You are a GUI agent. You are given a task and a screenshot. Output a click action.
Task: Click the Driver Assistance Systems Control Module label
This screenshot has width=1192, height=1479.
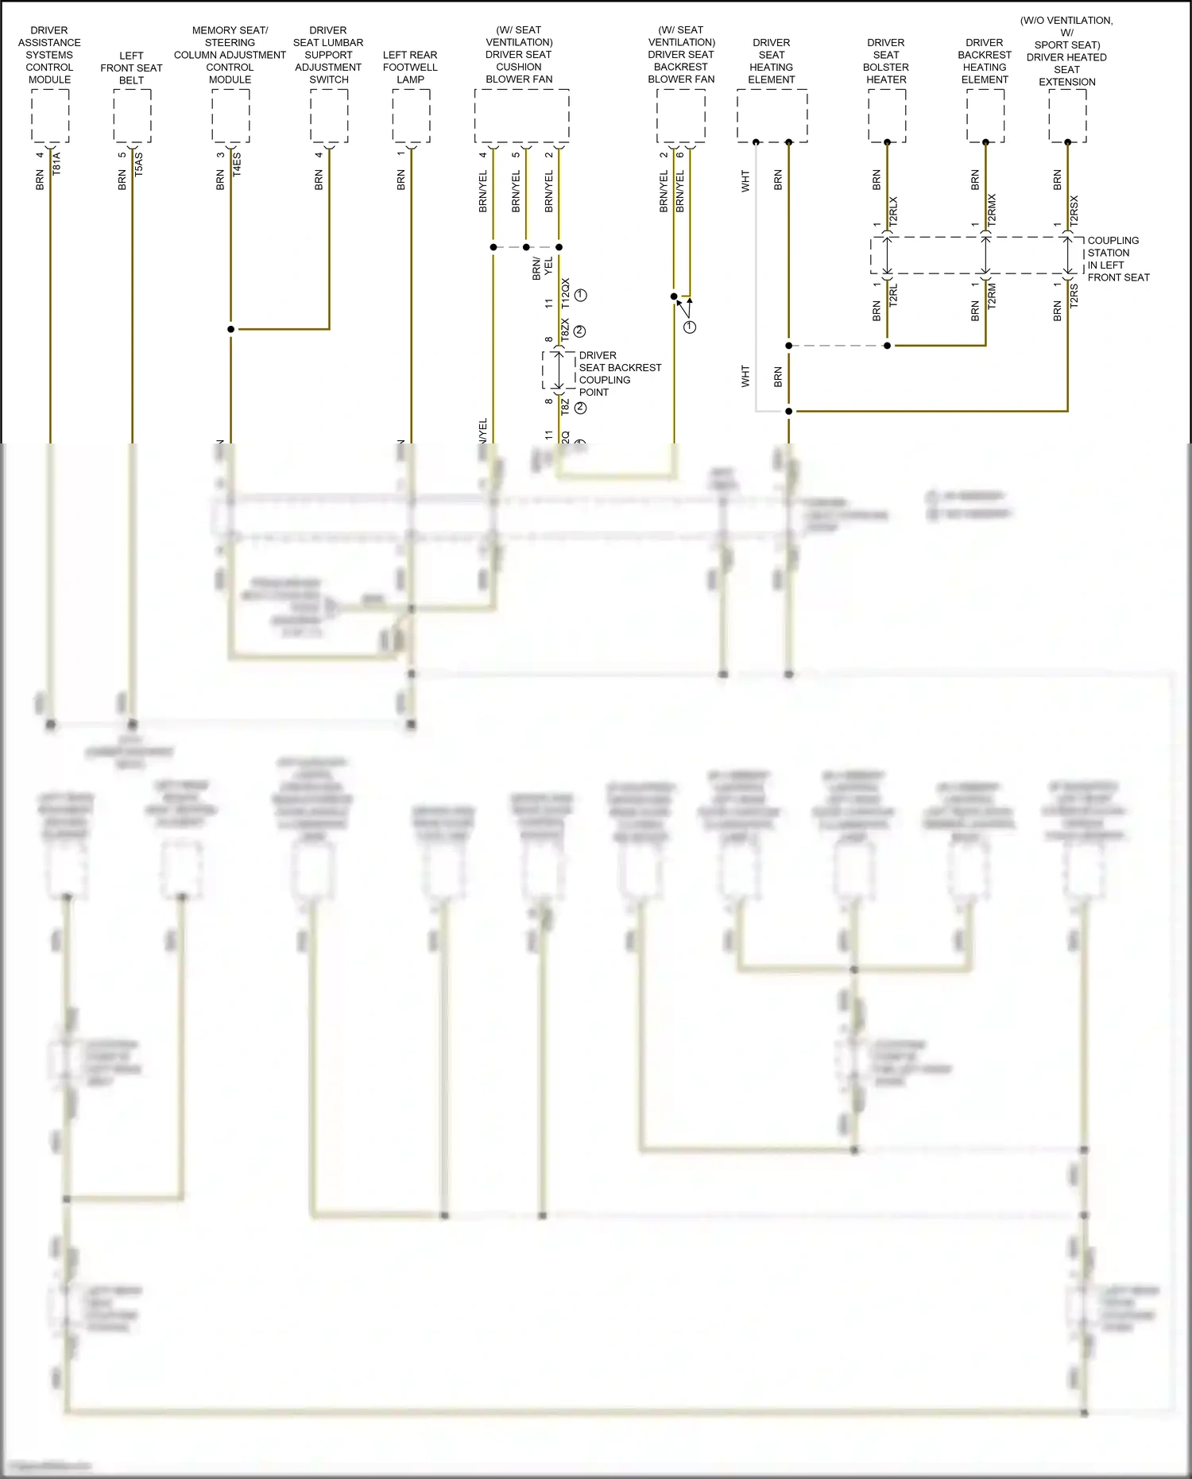49,55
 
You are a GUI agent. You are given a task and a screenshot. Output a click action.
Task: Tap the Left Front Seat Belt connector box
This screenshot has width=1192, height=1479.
132,115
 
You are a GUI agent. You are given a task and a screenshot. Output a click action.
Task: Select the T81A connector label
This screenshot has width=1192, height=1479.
56,165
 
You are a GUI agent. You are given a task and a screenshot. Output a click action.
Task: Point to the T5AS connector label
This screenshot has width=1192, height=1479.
139,165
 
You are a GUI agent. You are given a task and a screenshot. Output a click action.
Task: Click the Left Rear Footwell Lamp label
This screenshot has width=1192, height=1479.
410,67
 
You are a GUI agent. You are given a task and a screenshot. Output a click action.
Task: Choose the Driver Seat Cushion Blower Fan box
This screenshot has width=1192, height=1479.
521,115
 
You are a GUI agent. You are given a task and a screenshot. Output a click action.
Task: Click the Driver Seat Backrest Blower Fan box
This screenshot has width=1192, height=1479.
681,115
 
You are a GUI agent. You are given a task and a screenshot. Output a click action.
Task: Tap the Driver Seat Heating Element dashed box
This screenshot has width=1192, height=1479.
772,115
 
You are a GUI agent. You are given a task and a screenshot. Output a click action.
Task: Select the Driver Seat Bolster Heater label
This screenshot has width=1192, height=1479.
886,61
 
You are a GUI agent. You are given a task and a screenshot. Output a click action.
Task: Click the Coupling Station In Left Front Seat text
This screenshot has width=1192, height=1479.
1118,259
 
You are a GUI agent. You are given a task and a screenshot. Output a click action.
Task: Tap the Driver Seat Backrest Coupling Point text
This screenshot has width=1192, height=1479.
620,374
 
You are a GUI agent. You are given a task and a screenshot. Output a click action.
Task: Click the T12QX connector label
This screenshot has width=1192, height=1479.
566,293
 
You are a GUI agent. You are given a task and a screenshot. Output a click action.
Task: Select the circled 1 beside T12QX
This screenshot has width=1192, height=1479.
581,295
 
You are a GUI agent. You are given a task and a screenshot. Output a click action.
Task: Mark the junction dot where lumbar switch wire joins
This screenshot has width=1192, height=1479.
231,329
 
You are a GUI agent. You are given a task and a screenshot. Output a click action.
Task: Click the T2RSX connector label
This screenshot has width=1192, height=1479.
1074,211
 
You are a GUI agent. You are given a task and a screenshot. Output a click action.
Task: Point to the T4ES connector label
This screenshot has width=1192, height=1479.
237,165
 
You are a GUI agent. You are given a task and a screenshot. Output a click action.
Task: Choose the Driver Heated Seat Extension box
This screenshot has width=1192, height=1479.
1067,115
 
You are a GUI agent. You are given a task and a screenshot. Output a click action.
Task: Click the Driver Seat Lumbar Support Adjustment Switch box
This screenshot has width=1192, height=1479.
329,115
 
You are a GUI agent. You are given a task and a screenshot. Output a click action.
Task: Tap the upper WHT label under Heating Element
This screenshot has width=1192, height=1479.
745,180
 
